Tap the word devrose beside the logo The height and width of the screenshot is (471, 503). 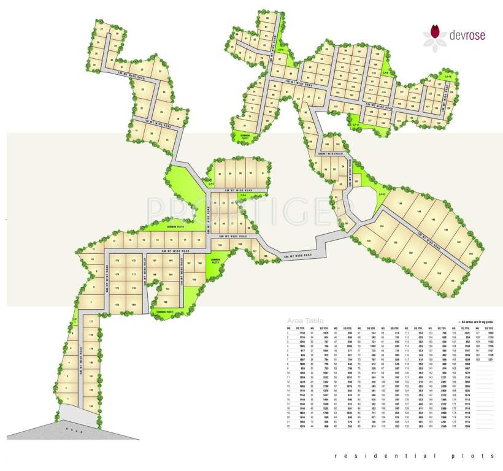468,36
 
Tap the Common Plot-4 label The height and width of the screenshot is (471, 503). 176,226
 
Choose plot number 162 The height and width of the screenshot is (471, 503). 194,280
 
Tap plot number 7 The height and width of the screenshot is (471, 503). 90,302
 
